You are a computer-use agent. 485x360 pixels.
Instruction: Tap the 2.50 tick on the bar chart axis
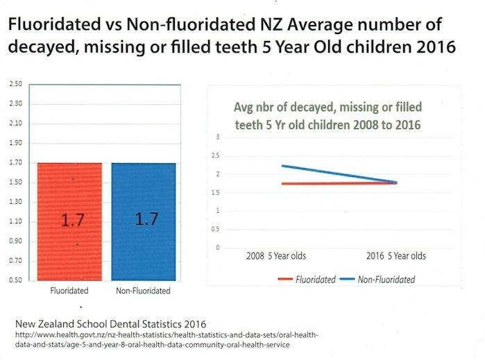pyautogui.click(x=15, y=84)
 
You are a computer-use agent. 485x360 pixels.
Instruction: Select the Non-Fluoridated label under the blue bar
pyautogui.click(x=144, y=291)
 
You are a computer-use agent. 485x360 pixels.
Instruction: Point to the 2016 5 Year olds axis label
pyautogui.click(x=396, y=256)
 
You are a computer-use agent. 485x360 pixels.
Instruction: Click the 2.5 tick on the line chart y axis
pyautogui.click(x=218, y=156)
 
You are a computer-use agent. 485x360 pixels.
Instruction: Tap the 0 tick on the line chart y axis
pyautogui.click(x=218, y=248)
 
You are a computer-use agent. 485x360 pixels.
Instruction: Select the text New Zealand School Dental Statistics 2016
pyautogui.click(x=107, y=325)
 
